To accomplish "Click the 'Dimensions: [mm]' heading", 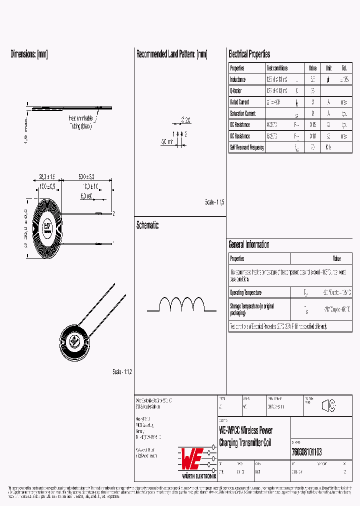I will pyautogui.click(x=29, y=54).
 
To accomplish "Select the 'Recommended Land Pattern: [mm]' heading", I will pyautogui.click(x=171, y=54).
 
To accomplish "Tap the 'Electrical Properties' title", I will pyautogui.click(x=249, y=54).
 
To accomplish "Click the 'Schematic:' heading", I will pyautogui.click(x=147, y=225).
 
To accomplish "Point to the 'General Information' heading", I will pyautogui.click(x=248, y=244).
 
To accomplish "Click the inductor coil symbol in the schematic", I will pyautogui.click(x=182, y=305).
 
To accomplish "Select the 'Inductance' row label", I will pyautogui.click(x=238, y=79).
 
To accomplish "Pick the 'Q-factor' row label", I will pyautogui.click(x=236, y=91).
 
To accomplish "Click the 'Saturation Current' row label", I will pyautogui.click(x=242, y=113).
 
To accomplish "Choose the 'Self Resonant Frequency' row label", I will pyautogui.click(x=246, y=147).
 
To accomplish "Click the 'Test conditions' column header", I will pyautogui.click(x=277, y=68).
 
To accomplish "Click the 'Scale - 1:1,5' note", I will pyautogui.click(x=214, y=202).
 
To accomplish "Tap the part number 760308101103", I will pyautogui.click(x=306, y=452).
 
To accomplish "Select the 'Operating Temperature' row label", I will pyautogui.click(x=245, y=292).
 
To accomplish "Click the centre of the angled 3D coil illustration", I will pyautogui.click(x=75, y=340).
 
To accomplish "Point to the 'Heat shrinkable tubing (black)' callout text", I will pyautogui.click(x=80, y=122).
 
